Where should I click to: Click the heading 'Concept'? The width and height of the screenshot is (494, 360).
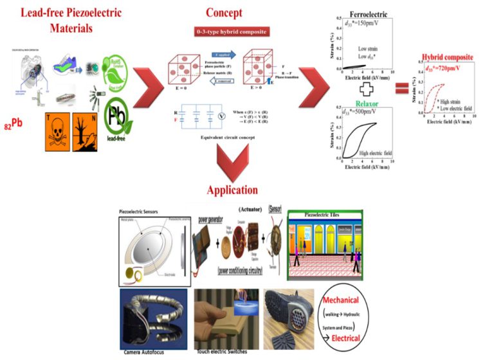tap(224, 13)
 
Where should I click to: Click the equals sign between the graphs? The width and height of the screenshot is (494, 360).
tap(399, 87)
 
